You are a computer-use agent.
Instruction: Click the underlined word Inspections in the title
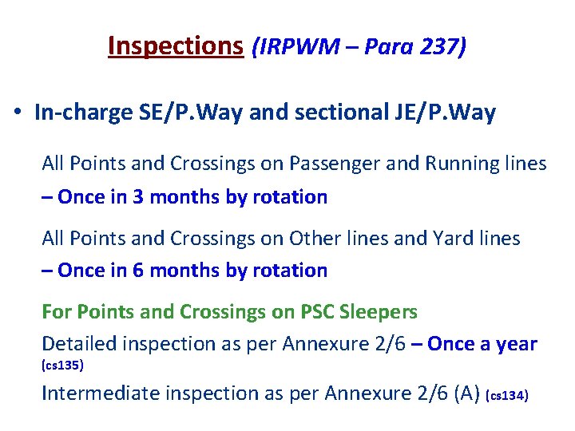pyautogui.click(x=175, y=46)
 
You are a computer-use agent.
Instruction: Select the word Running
pyautogui.click(x=461, y=164)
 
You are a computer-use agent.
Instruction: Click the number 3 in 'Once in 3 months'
pyautogui.click(x=138, y=197)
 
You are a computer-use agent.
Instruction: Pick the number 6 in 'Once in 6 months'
pyautogui.click(x=138, y=271)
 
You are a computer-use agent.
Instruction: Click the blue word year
pyautogui.click(x=517, y=344)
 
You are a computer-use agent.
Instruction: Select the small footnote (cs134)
pyautogui.click(x=507, y=395)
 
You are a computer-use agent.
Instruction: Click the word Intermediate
pyautogui.click(x=93, y=393)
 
